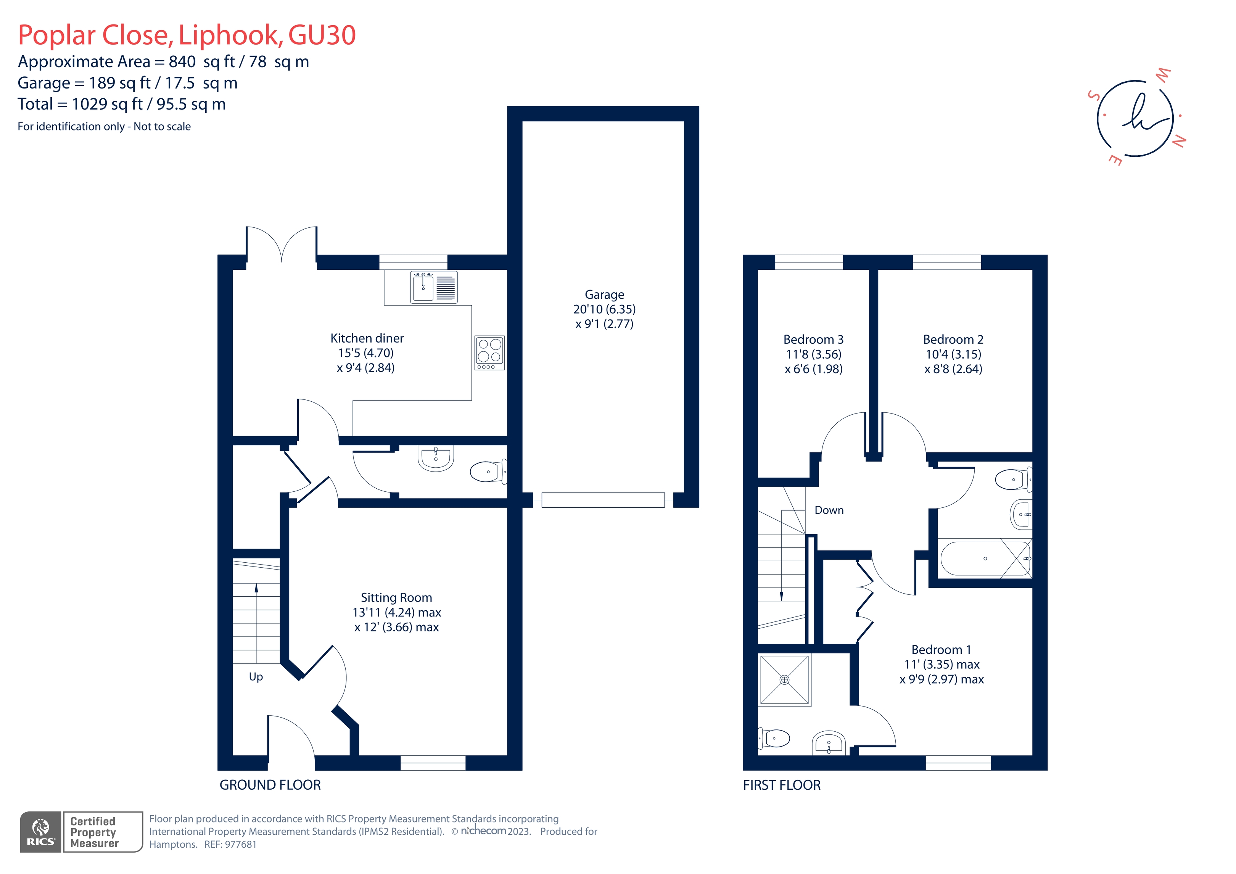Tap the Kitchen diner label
tap(367, 338)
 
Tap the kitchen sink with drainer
tap(434, 287)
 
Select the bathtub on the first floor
tap(984, 559)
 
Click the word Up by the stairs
tap(256, 677)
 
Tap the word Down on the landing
tap(829, 510)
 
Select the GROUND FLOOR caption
tap(270, 785)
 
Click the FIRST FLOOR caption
tap(782, 785)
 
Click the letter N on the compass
tap(1178, 141)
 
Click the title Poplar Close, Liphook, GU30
tap(187, 35)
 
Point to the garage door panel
tap(603, 500)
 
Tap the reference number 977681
tap(241, 844)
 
